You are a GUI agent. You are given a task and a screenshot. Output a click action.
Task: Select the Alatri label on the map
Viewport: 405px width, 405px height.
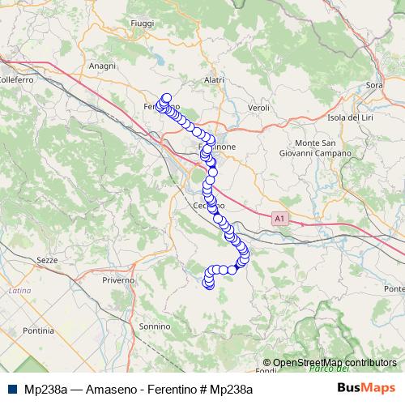(214, 80)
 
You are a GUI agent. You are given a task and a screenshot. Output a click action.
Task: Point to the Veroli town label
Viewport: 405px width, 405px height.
(258, 107)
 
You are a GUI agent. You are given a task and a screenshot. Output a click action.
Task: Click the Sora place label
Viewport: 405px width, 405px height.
(374, 84)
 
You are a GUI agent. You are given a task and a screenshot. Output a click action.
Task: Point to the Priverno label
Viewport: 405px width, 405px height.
(118, 279)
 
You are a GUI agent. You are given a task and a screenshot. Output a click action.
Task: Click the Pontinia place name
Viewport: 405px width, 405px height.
(38, 330)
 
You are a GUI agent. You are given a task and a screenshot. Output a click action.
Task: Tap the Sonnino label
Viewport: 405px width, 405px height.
(155, 326)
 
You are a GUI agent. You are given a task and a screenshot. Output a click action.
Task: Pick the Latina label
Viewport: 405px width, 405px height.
(19, 289)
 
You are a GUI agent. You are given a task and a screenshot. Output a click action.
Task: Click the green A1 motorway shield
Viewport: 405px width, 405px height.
(279, 218)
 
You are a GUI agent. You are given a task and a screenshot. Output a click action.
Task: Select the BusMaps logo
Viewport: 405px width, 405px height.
(366, 388)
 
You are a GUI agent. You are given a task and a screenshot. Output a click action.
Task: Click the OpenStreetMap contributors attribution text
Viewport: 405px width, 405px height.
(335, 362)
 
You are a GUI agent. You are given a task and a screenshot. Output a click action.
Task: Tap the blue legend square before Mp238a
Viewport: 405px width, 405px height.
(11, 389)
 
